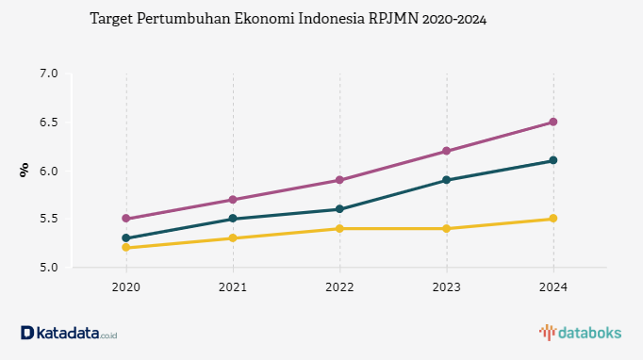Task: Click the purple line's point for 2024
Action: pyautogui.click(x=553, y=122)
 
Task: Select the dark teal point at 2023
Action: pyautogui.click(x=447, y=180)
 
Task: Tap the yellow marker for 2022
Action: pyautogui.click(x=339, y=228)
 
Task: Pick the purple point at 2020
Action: pyautogui.click(x=126, y=219)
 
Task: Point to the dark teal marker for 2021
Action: pyautogui.click(x=233, y=219)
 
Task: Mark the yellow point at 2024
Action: pyautogui.click(x=553, y=219)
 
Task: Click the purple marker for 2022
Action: pyautogui.click(x=339, y=180)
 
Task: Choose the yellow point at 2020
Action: pyautogui.click(x=126, y=248)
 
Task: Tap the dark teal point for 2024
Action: pyautogui.click(x=553, y=160)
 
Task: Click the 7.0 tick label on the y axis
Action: pyautogui.click(x=49, y=74)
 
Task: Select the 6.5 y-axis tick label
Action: pyautogui.click(x=49, y=123)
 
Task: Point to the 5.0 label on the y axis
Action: pyautogui.click(x=49, y=268)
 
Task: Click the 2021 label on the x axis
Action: pyautogui.click(x=233, y=287)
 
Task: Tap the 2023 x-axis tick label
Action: pyautogui.click(x=447, y=287)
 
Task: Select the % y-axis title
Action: pyautogui.click(x=25, y=171)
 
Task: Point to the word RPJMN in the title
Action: pyautogui.click(x=394, y=19)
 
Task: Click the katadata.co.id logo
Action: pyautogui.click(x=69, y=333)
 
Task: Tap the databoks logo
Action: pyautogui.click(x=580, y=333)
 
